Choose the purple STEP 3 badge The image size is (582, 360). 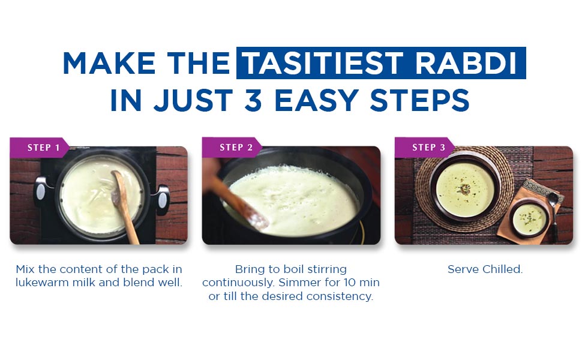coord(425,148)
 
